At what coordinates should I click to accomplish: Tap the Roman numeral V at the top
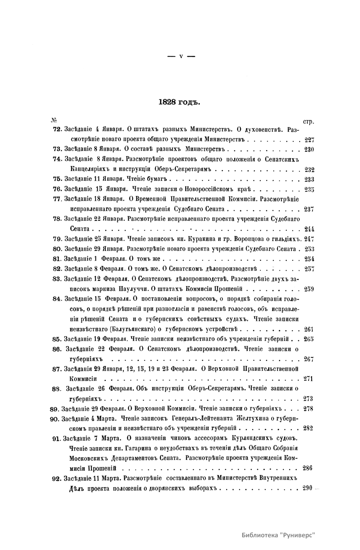pos(181,56)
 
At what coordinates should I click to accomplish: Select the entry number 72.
pos(57,130)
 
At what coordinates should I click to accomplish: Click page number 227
pos(309,140)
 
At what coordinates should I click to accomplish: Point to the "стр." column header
pos(308,122)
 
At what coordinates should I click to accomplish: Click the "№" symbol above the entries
pos(54,120)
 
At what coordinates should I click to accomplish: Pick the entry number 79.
pos(57,239)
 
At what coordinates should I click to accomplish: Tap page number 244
pos(309,229)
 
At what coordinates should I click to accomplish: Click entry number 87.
pos(57,369)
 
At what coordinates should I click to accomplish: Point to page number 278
pos(308,408)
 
